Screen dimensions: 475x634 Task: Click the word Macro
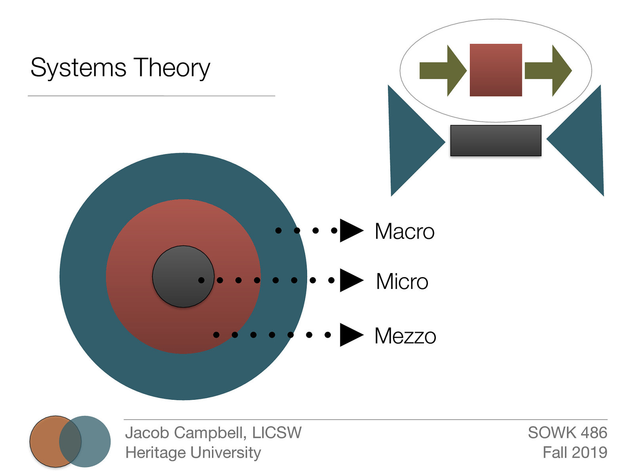pyautogui.click(x=404, y=231)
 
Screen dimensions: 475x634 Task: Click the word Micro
pyautogui.click(x=402, y=281)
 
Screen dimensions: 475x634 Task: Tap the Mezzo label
pyautogui.click(x=405, y=336)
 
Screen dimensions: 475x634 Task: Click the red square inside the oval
pyautogui.click(x=496, y=70)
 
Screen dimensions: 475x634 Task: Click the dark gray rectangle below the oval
pyautogui.click(x=496, y=141)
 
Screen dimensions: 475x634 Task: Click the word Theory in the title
pyautogui.click(x=171, y=68)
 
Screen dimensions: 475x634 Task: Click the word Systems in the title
pyautogui.click(x=78, y=68)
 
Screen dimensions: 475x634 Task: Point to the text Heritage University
pyautogui.click(x=193, y=452)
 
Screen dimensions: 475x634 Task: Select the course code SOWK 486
pyautogui.click(x=567, y=433)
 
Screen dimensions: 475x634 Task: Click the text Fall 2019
pyautogui.click(x=575, y=452)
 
